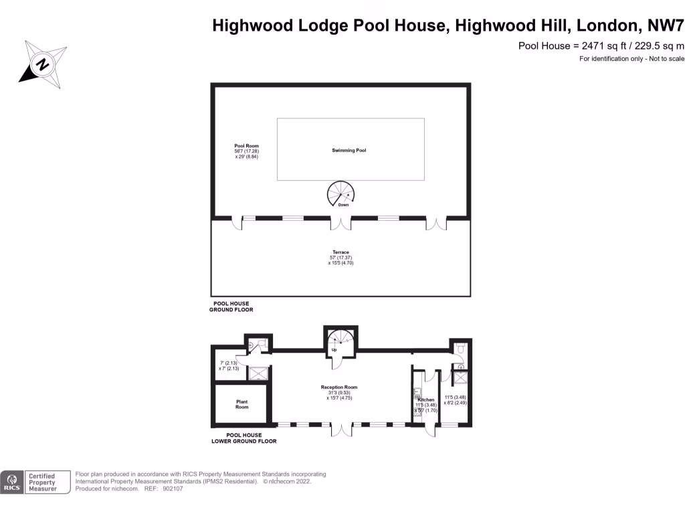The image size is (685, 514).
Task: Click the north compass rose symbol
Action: pos(42,64)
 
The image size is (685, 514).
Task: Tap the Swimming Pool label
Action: pos(349,151)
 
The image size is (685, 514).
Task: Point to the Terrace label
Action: pos(340,253)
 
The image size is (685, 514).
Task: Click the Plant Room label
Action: pos(241,404)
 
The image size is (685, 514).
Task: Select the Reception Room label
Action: pos(339,388)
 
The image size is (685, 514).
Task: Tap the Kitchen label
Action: pos(426,400)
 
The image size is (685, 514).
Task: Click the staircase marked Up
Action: pos(341,341)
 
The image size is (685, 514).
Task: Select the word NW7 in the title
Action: pos(666,25)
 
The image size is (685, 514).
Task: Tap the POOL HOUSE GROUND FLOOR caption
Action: pos(231,307)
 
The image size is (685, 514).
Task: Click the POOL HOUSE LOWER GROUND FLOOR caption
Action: pos(243,438)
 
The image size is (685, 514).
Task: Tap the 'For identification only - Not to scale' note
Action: pos(631,60)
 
